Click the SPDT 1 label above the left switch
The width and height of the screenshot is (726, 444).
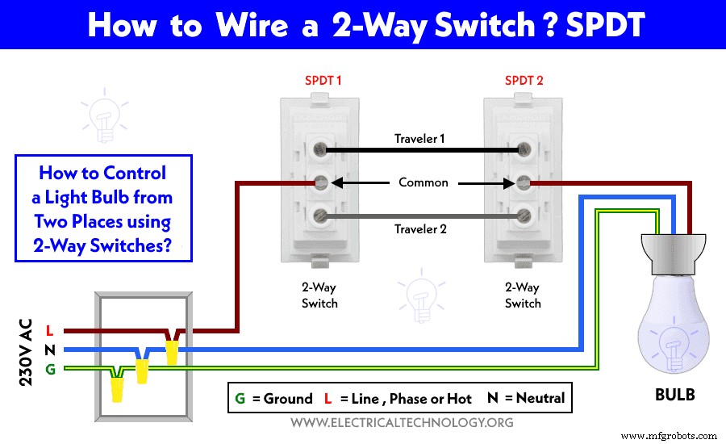click(323, 81)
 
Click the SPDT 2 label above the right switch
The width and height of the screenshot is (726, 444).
click(524, 81)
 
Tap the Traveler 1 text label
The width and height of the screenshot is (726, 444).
click(419, 139)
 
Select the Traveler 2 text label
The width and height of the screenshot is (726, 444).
click(419, 229)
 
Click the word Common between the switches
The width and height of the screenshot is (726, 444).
click(423, 182)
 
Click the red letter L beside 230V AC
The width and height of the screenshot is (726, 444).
click(49, 330)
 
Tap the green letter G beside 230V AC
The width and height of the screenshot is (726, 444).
click(49, 370)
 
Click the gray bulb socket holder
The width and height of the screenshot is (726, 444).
click(673, 249)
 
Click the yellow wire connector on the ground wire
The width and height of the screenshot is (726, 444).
click(118, 387)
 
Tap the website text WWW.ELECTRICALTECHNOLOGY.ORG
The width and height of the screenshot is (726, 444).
click(401, 422)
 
